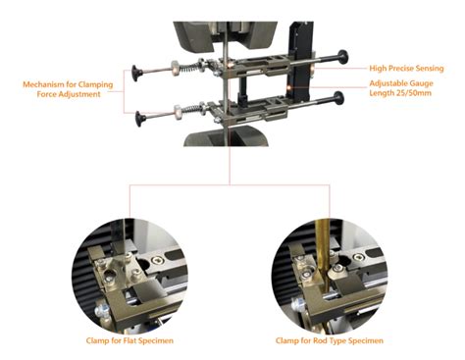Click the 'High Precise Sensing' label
[x=406, y=69]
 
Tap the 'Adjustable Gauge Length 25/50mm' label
[x=401, y=88]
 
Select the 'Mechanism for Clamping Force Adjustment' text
[x=68, y=89]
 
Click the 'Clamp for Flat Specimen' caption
[x=129, y=340]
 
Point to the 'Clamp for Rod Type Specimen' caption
[x=330, y=340]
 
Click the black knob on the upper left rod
[x=136, y=73]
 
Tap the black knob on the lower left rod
[x=141, y=119]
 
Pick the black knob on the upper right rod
[x=343, y=57]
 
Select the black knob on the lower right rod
[x=338, y=98]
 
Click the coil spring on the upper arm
[x=188, y=68]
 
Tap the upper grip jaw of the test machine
[x=225, y=35]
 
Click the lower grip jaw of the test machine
[x=227, y=136]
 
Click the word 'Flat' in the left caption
[x=129, y=340]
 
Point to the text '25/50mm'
[x=416, y=93]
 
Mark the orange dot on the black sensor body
[x=289, y=87]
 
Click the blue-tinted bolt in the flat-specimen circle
[x=102, y=310]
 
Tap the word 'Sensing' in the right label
[x=430, y=69]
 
